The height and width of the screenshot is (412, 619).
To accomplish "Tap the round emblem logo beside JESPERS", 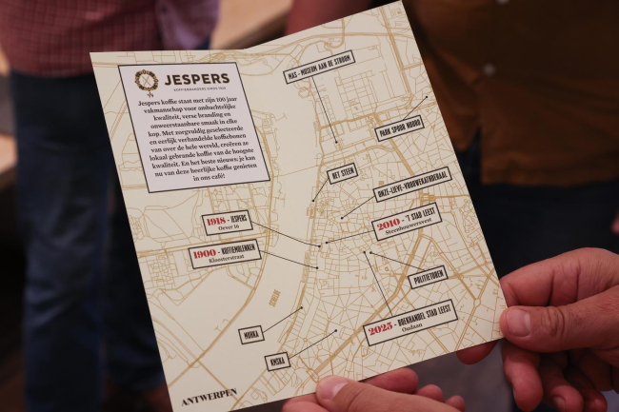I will click(x=147, y=82).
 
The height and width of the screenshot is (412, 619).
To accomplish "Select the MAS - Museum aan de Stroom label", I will click(x=319, y=67).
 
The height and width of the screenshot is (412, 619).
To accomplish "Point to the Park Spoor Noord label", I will click(x=399, y=128).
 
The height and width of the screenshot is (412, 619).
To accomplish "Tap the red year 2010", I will click(x=389, y=225).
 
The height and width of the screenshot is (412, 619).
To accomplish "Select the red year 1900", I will click(x=204, y=255).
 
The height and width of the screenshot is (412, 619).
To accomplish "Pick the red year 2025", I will click(x=381, y=331).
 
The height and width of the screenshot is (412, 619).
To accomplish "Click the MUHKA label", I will click(x=251, y=334).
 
